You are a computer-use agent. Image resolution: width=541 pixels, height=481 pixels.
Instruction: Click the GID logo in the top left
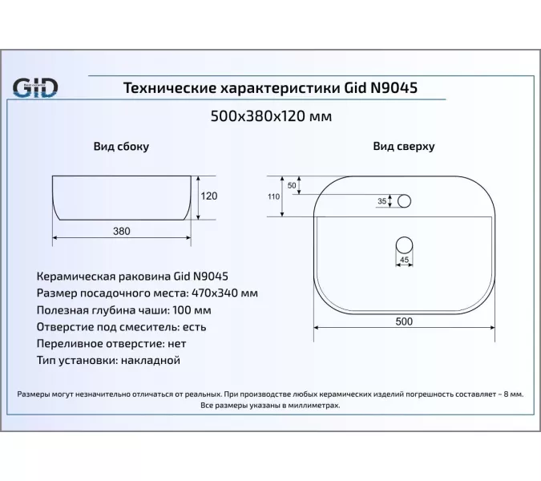point(34,86)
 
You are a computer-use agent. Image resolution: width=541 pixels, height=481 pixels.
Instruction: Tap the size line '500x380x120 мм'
point(270,116)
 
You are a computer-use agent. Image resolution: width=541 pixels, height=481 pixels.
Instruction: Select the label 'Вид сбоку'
point(121,148)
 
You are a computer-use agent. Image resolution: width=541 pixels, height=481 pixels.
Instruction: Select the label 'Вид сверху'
point(403,148)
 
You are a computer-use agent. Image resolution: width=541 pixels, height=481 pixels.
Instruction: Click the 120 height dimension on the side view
point(209,196)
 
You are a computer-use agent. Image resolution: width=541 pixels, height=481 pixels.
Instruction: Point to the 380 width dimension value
point(121,231)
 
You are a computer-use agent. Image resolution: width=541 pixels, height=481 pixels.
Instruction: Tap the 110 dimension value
point(273,196)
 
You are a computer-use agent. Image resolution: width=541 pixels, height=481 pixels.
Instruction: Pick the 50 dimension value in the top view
point(292,186)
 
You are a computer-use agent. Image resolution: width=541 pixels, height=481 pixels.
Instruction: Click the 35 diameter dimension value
point(382,200)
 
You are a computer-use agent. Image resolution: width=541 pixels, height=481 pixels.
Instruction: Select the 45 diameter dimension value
point(404,260)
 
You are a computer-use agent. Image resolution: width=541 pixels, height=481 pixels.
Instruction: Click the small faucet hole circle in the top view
point(404,200)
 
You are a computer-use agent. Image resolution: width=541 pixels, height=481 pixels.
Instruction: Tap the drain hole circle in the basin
point(404,243)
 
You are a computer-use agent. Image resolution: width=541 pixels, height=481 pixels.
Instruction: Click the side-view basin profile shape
point(121,196)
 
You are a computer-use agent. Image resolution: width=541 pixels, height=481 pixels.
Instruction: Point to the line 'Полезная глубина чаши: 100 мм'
point(124,310)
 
